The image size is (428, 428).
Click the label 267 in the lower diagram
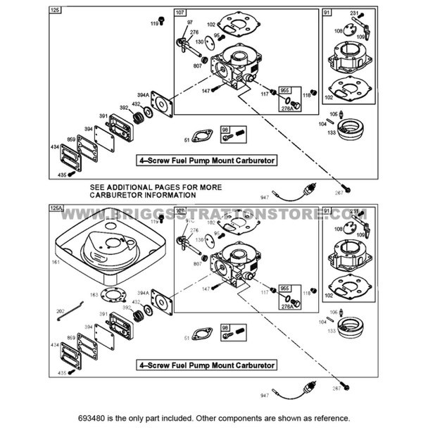[337, 389]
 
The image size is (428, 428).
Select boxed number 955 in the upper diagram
[285, 91]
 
